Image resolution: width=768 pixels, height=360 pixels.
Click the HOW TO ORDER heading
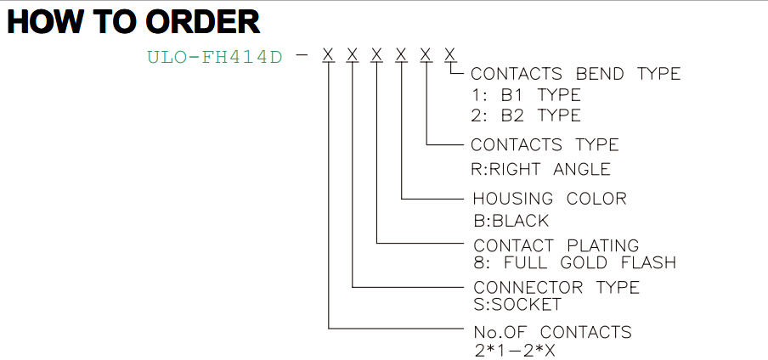(x=133, y=22)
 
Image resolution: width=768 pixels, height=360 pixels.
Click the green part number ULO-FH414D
(x=215, y=57)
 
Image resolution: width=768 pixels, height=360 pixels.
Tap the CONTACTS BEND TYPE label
(x=575, y=74)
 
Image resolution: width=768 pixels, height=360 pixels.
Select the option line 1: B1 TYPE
(x=526, y=94)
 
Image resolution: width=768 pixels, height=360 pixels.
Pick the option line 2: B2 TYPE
(x=526, y=115)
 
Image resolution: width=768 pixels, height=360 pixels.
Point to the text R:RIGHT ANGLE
(x=540, y=169)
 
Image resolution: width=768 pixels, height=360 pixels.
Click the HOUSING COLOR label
(x=550, y=199)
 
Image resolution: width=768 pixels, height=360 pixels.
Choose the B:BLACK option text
(x=511, y=221)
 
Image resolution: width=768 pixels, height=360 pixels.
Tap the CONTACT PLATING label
(x=556, y=245)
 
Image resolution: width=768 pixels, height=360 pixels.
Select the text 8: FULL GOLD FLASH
(x=575, y=262)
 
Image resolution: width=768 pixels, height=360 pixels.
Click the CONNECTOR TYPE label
(x=556, y=287)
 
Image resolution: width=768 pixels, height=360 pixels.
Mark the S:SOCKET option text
(x=517, y=305)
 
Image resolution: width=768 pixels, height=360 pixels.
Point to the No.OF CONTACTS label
(x=552, y=332)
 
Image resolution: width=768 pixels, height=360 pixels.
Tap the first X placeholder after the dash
(x=328, y=54)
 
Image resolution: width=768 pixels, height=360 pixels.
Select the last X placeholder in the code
(x=450, y=54)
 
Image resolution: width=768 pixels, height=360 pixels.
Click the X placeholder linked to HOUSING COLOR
(x=402, y=54)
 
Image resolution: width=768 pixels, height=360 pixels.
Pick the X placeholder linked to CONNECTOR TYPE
(x=353, y=54)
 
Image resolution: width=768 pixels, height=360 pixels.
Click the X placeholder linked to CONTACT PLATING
(x=376, y=54)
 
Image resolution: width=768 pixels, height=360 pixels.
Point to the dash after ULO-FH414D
(x=303, y=55)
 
